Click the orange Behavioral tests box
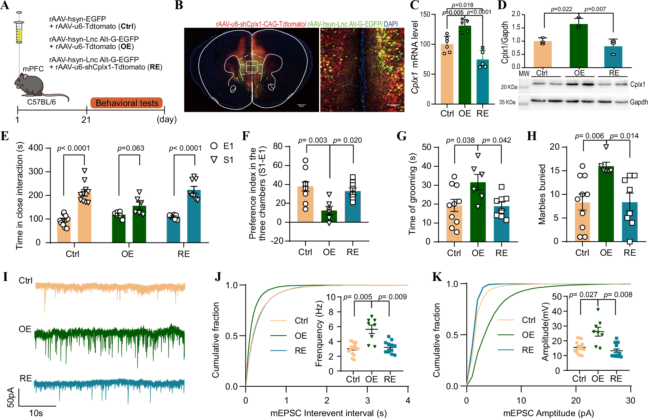[x=127, y=103]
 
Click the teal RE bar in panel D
[x=613, y=57]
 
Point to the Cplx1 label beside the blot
[x=637, y=85]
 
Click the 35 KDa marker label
[x=507, y=102]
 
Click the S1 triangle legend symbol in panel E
[x=214, y=160]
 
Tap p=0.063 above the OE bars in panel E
[x=131, y=148]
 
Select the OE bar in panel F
[x=329, y=217]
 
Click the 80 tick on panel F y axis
[x=277, y=146]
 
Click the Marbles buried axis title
[x=542, y=194]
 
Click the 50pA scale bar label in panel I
[x=10, y=397]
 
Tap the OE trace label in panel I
[x=25, y=329]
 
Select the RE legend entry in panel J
[x=300, y=351]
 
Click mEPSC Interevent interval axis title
[x=328, y=413]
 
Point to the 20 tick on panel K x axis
[x=576, y=401]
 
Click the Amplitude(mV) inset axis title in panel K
[x=545, y=332]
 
